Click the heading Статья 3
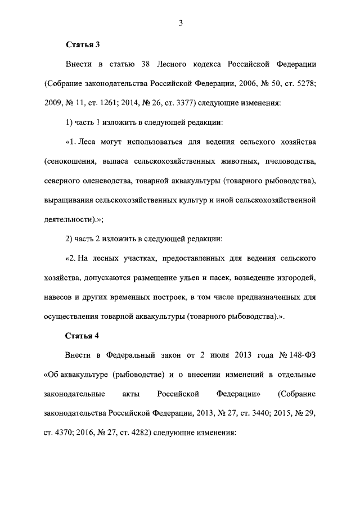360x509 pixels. click(83, 44)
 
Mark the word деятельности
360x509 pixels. click(69, 220)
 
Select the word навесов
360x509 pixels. click(59, 298)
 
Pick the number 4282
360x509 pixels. click(139, 433)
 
